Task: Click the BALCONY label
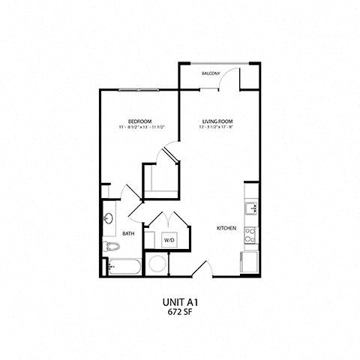(x=211, y=74)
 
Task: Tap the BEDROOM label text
(x=140, y=121)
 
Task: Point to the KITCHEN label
(x=226, y=227)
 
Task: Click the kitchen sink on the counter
(x=250, y=208)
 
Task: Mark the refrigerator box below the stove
(x=249, y=262)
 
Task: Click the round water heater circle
(x=158, y=264)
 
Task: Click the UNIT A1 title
(x=180, y=302)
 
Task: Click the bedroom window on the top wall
(x=138, y=89)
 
